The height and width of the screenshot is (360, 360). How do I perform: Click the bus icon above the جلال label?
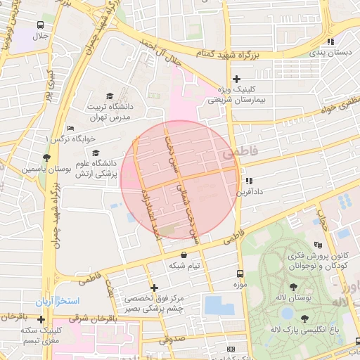(40, 25)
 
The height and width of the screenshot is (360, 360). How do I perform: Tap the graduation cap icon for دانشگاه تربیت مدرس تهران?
(109, 96)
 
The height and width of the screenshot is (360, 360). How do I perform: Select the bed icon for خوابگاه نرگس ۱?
(70, 128)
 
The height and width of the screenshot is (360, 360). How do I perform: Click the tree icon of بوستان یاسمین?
(46, 157)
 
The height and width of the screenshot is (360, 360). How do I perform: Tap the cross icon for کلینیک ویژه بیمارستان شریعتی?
(237, 79)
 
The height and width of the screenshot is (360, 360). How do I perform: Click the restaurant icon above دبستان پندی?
(330, 41)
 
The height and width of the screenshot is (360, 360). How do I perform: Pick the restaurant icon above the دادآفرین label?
(248, 181)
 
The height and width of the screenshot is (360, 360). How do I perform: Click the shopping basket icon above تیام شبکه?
(184, 255)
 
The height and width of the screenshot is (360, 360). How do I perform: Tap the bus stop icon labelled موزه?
(240, 274)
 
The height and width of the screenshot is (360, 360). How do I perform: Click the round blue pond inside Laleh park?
(288, 313)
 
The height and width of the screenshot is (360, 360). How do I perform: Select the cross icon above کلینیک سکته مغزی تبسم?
(41, 319)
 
